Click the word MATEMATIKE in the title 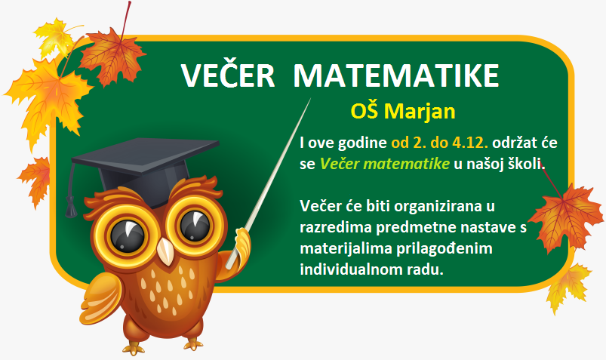pos(396,75)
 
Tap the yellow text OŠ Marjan pos(403,111)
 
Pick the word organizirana pos(438,207)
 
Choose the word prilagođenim pos(444,248)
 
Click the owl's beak pos(167,251)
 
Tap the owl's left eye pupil pos(127,235)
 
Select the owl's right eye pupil pos(195,225)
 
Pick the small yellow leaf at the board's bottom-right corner pos(568,287)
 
